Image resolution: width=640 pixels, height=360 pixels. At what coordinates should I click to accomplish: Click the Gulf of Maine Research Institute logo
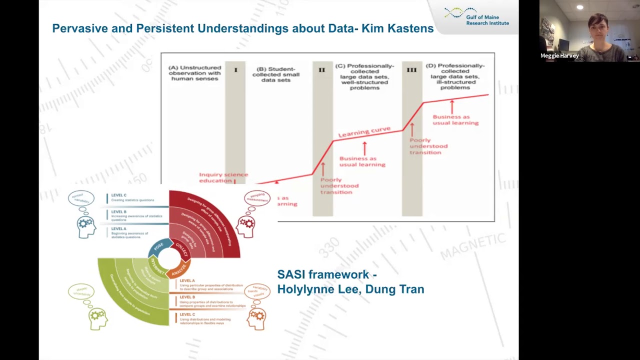coord(476,16)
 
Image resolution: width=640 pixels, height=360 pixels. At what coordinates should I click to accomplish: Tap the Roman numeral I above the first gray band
coord(235,70)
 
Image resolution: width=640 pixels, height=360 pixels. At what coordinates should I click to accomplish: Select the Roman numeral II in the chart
coord(321,70)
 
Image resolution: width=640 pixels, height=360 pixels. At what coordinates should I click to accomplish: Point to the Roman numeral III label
coord(411,70)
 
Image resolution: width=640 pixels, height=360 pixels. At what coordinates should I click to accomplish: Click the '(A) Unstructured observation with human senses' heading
coord(194,73)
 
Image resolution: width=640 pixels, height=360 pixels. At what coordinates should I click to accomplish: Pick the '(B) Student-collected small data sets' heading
coord(275,74)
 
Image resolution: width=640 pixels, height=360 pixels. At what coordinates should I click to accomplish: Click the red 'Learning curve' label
coord(364,132)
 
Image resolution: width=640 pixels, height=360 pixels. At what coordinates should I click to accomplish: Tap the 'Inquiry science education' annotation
coord(223,177)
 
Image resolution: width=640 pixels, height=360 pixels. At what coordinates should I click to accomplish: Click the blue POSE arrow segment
coord(159,246)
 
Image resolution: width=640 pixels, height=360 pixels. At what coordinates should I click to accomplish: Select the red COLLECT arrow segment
coord(181,249)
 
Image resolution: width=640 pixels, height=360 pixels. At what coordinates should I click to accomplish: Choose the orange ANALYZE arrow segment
coord(178,270)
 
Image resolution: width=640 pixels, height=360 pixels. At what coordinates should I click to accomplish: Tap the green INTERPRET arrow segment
coord(157,265)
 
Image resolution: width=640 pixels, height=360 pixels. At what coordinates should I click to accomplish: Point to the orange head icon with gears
coord(256,318)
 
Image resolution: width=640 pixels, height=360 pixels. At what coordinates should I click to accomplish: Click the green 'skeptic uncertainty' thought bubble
coord(81,292)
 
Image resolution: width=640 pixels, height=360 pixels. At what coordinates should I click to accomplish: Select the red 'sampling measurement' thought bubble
coord(257,198)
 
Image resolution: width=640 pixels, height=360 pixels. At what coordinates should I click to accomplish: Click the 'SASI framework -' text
coord(326,274)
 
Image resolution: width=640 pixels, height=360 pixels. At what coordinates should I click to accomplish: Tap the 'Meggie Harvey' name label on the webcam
coord(559,56)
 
